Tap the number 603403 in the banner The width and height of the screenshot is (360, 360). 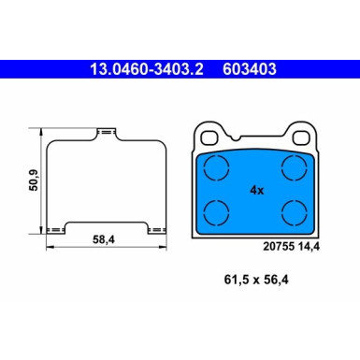250,68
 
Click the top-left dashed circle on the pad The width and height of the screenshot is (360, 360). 218,169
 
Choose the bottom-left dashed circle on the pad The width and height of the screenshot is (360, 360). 218,211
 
